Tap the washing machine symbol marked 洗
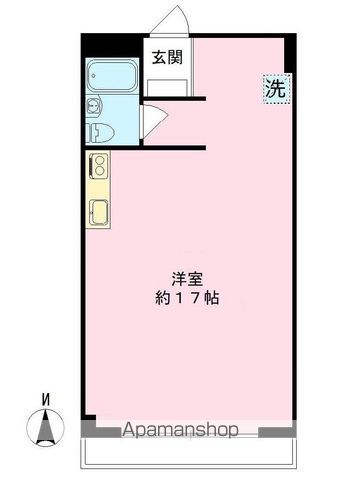click(x=276, y=88)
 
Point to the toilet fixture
click(x=100, y=132)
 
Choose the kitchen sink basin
click(x=100, y=211)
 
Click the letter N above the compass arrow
click(x=45, y=399)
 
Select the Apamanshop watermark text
click(x=180, y=431)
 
